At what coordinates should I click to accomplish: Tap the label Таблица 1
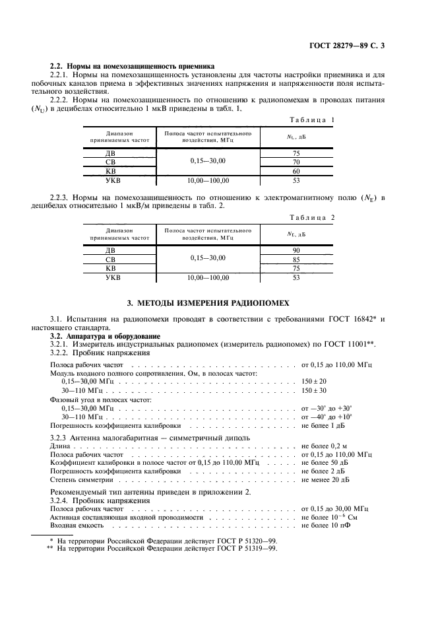click(x=313, y=120)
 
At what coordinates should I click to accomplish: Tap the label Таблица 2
click(x=313, y=217)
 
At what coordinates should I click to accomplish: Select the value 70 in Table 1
click(x=296, y=162)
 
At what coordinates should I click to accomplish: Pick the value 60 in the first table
click(x=296, y=170)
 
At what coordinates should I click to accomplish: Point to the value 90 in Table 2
click(x=296, y=251)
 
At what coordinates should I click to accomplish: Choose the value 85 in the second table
click(x=296, y=259)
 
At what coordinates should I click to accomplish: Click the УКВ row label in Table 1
click(x=113, y=180)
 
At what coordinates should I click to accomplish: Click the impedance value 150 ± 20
click(x=314, y=381)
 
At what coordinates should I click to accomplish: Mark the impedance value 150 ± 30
click(x=314, y=390)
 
